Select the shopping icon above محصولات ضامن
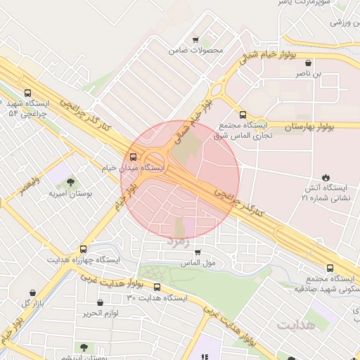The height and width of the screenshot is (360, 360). [195, 39]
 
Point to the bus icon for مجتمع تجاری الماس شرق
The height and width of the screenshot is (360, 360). [243, 115]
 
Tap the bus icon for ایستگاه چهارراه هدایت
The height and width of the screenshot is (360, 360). [84, 249]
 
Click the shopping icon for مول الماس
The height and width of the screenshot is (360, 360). [198, 252]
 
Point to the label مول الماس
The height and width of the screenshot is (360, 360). [198, 263]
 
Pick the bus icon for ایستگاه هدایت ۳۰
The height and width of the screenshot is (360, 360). [157, 287]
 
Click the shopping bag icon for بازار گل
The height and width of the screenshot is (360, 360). [33, 292]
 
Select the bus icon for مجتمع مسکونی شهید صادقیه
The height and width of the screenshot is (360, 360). [330, 267]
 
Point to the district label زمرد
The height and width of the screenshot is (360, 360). [178, 241]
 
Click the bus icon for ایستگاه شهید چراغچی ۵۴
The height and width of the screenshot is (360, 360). [27, 93]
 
